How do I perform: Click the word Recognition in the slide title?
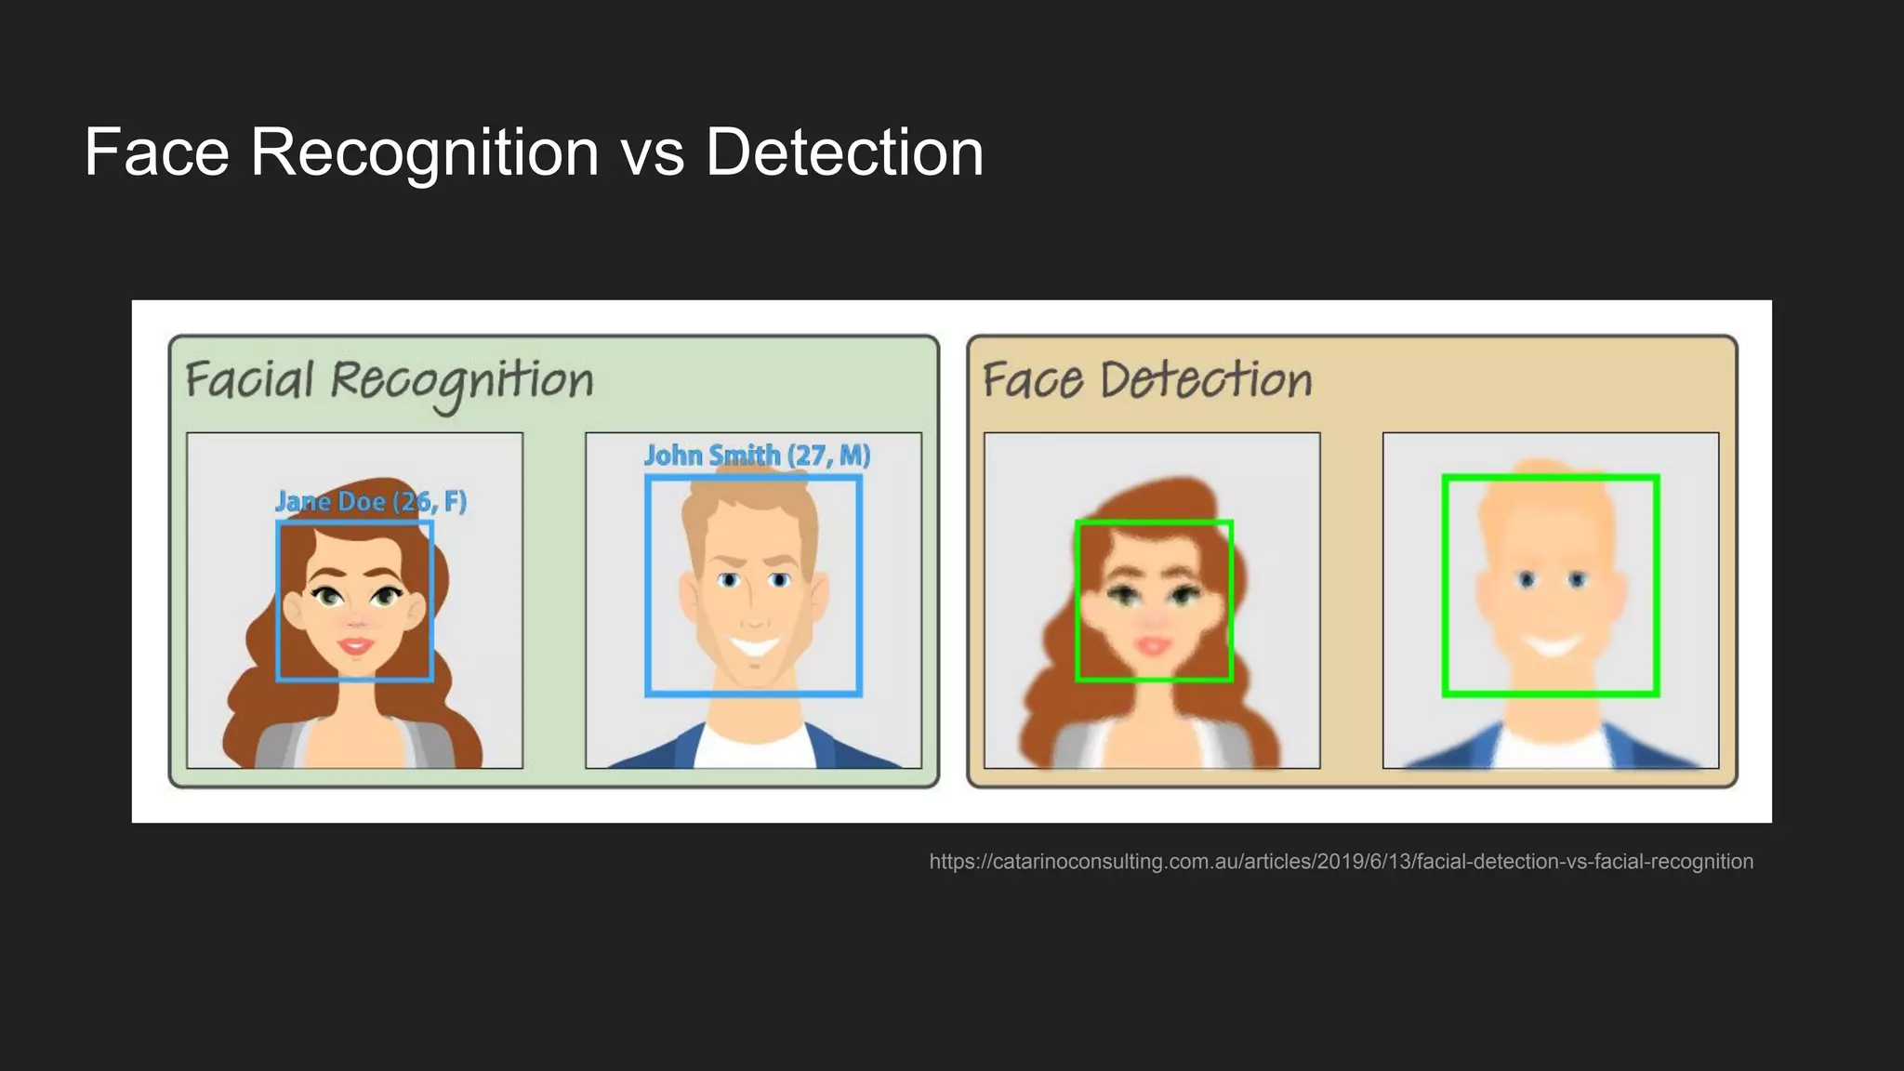[x=425, y=153]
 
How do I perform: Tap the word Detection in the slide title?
[x=844, y=153]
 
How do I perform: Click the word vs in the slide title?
[x=653, y=155]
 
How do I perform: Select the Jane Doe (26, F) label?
[x=371, y=502]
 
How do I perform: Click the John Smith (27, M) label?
[x=757, y=456]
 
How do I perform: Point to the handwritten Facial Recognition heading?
[x=389, y=382]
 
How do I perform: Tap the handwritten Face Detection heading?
[x=1147, y=381]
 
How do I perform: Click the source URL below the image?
[x=1341, y=862]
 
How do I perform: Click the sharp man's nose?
[x=754, y=618]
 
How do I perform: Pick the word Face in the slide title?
[x=156, y=153]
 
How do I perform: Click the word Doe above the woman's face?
[x=361, y=502]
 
